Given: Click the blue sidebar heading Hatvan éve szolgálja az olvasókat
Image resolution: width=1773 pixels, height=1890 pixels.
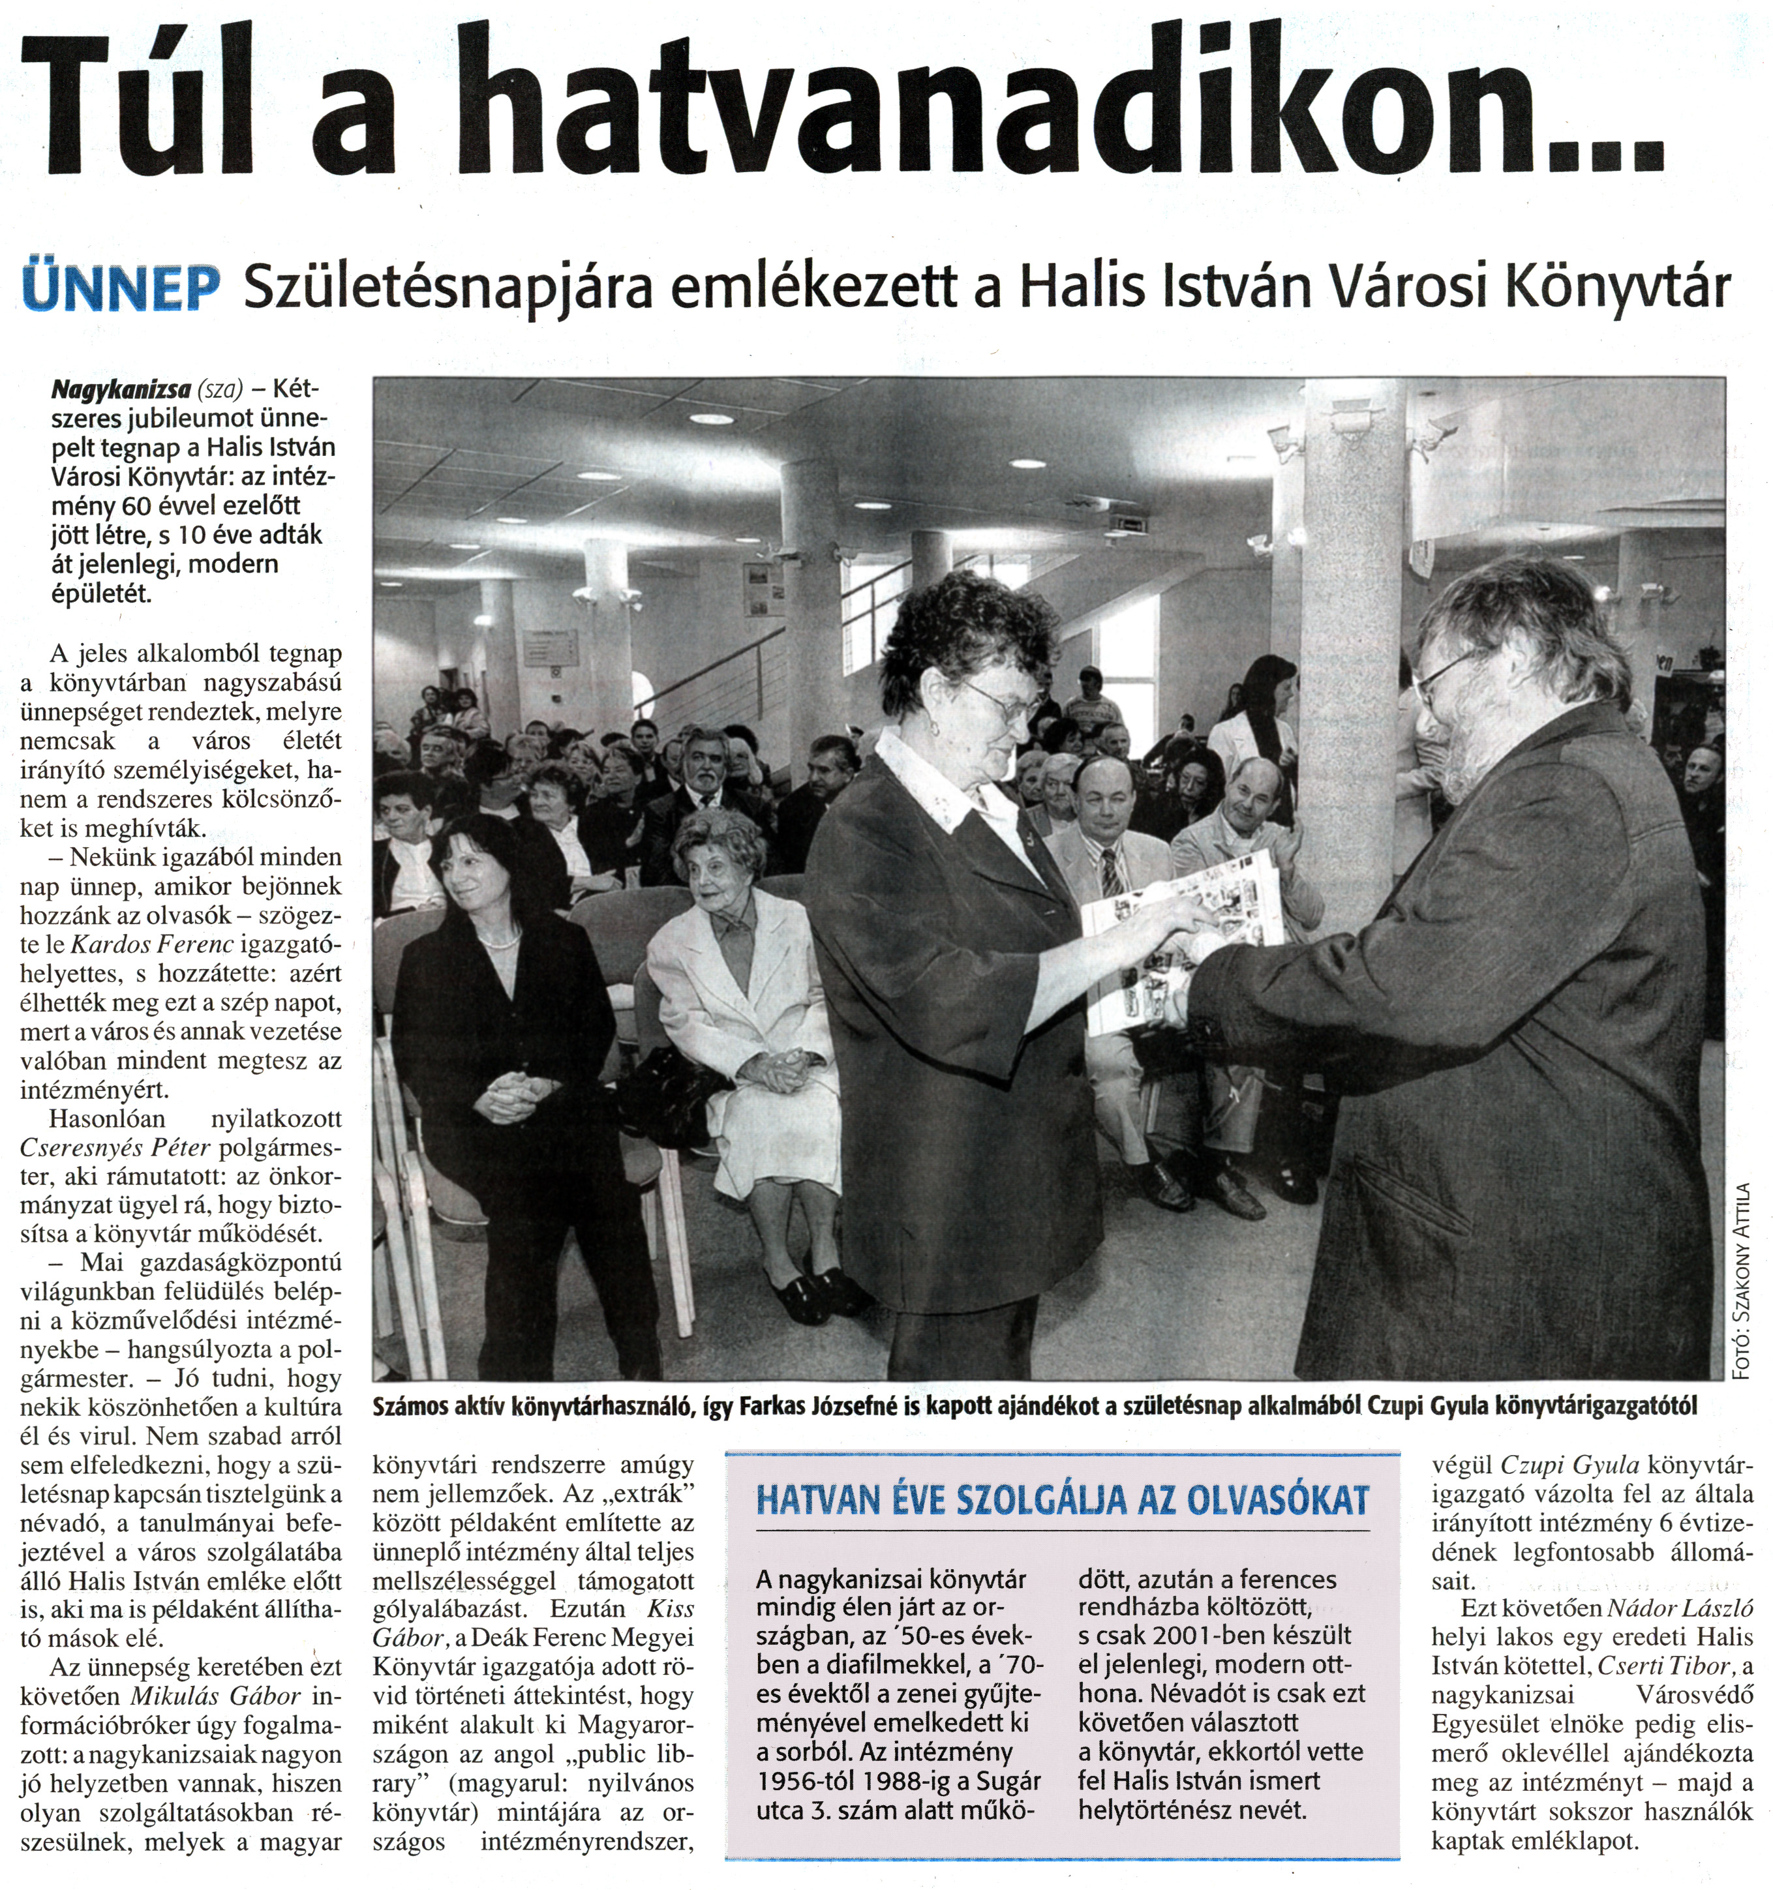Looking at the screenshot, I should (x=1062, y=1500).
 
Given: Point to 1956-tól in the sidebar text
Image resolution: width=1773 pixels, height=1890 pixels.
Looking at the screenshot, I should (x=807, y=1780).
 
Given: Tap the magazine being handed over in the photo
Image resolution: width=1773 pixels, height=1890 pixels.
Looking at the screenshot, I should (x=1179, y=937).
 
